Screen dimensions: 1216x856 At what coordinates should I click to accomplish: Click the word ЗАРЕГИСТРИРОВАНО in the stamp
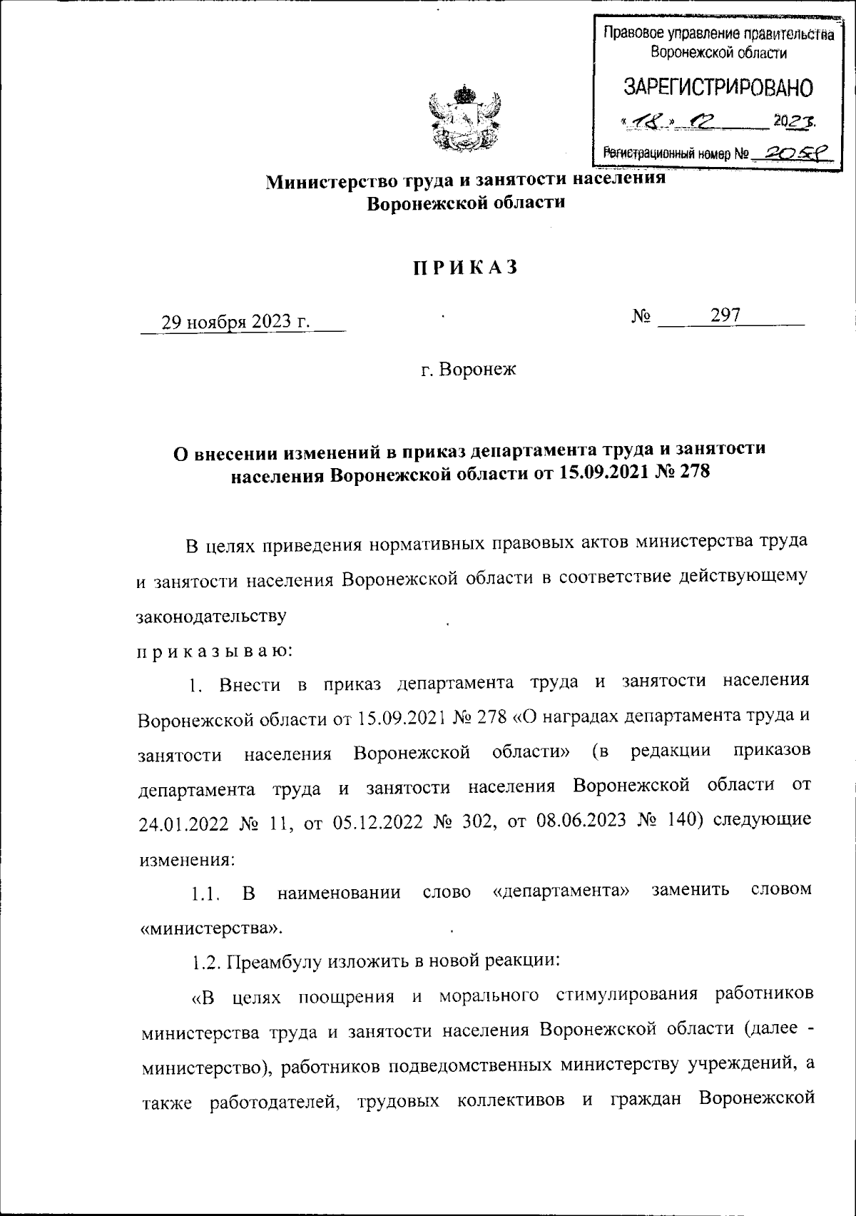click(718, 88)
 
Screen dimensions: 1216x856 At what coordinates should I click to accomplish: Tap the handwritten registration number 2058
click(793, 152)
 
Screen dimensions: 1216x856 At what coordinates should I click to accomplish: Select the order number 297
click(725, 315)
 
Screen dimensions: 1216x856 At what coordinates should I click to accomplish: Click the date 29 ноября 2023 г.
click(236, 322)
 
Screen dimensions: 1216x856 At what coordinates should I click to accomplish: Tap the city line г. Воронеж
click(467, 370)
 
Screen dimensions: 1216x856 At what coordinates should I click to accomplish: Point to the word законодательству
click(212, 616)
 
